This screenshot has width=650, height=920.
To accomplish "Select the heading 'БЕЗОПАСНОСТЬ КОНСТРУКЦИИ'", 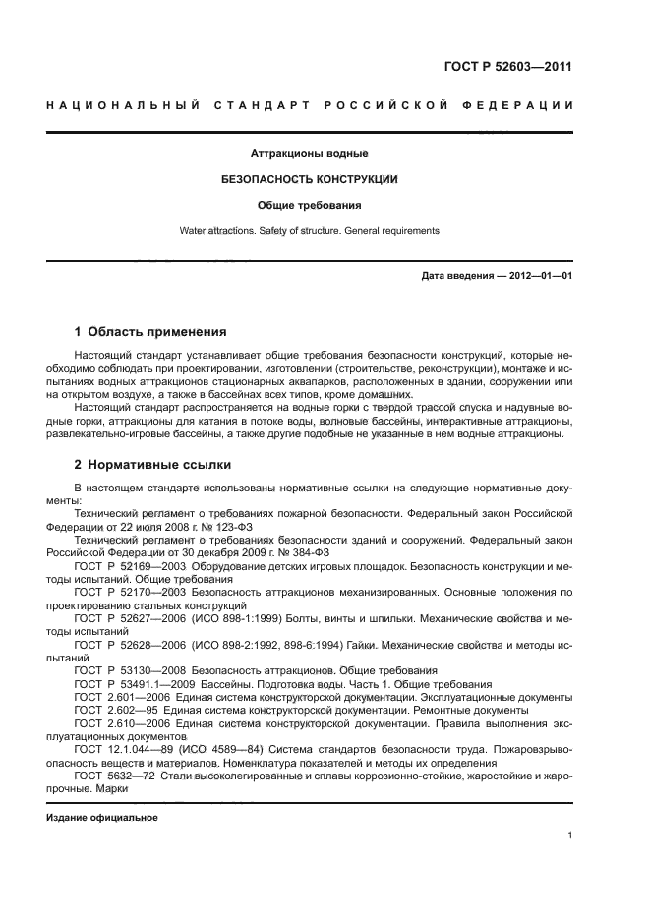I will (x=309, y=180).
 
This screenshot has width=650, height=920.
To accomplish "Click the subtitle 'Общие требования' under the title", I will (x=309, y=206).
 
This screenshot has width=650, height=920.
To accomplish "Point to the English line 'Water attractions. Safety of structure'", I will (x=309, y=231).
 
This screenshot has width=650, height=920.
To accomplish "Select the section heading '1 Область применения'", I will (x=150, y=332).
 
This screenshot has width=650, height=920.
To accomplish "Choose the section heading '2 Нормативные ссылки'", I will (x=153, y=464).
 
